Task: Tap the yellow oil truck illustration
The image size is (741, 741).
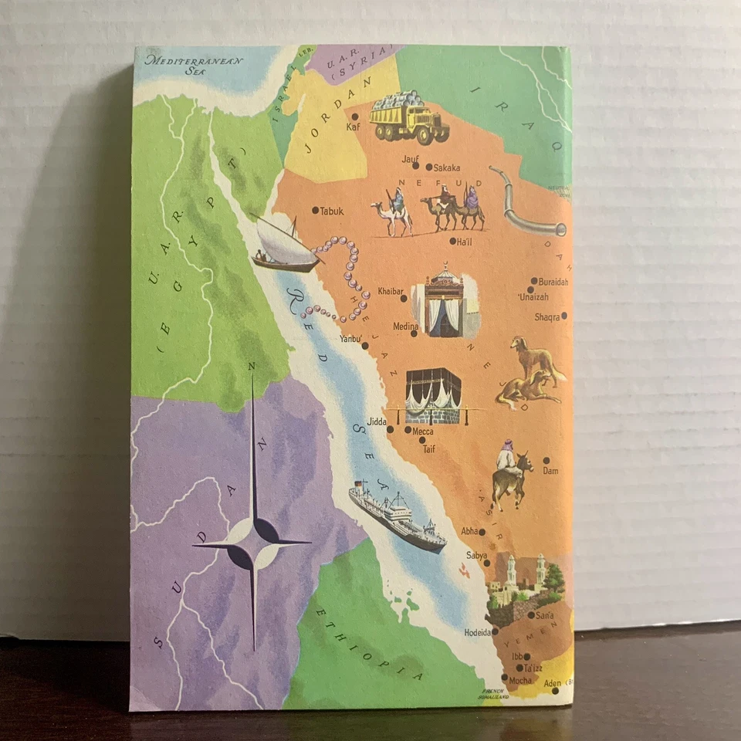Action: click(x=408, y=117)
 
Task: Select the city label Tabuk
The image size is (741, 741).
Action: click(x=331, y=211)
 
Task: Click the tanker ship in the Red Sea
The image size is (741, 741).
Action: click(x=397, y=516)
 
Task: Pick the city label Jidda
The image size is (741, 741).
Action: click(x=376, y=422)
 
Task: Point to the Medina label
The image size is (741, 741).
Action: click(x=404, y=327)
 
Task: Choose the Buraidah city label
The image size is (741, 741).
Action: click(x=553, y=283)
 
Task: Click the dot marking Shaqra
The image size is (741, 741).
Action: click(x=564, y=316)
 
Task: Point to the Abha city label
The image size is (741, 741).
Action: click(x=469, y=531)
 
